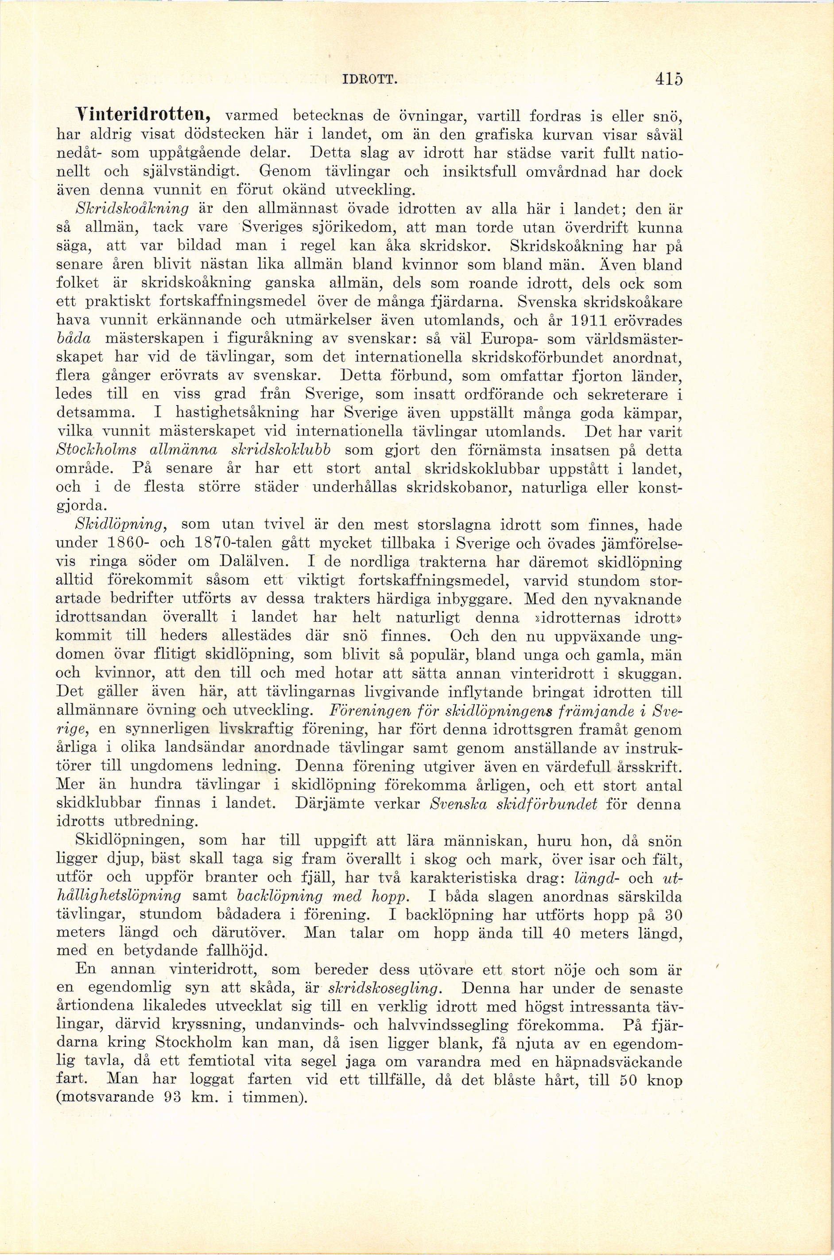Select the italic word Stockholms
(96, 452)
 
